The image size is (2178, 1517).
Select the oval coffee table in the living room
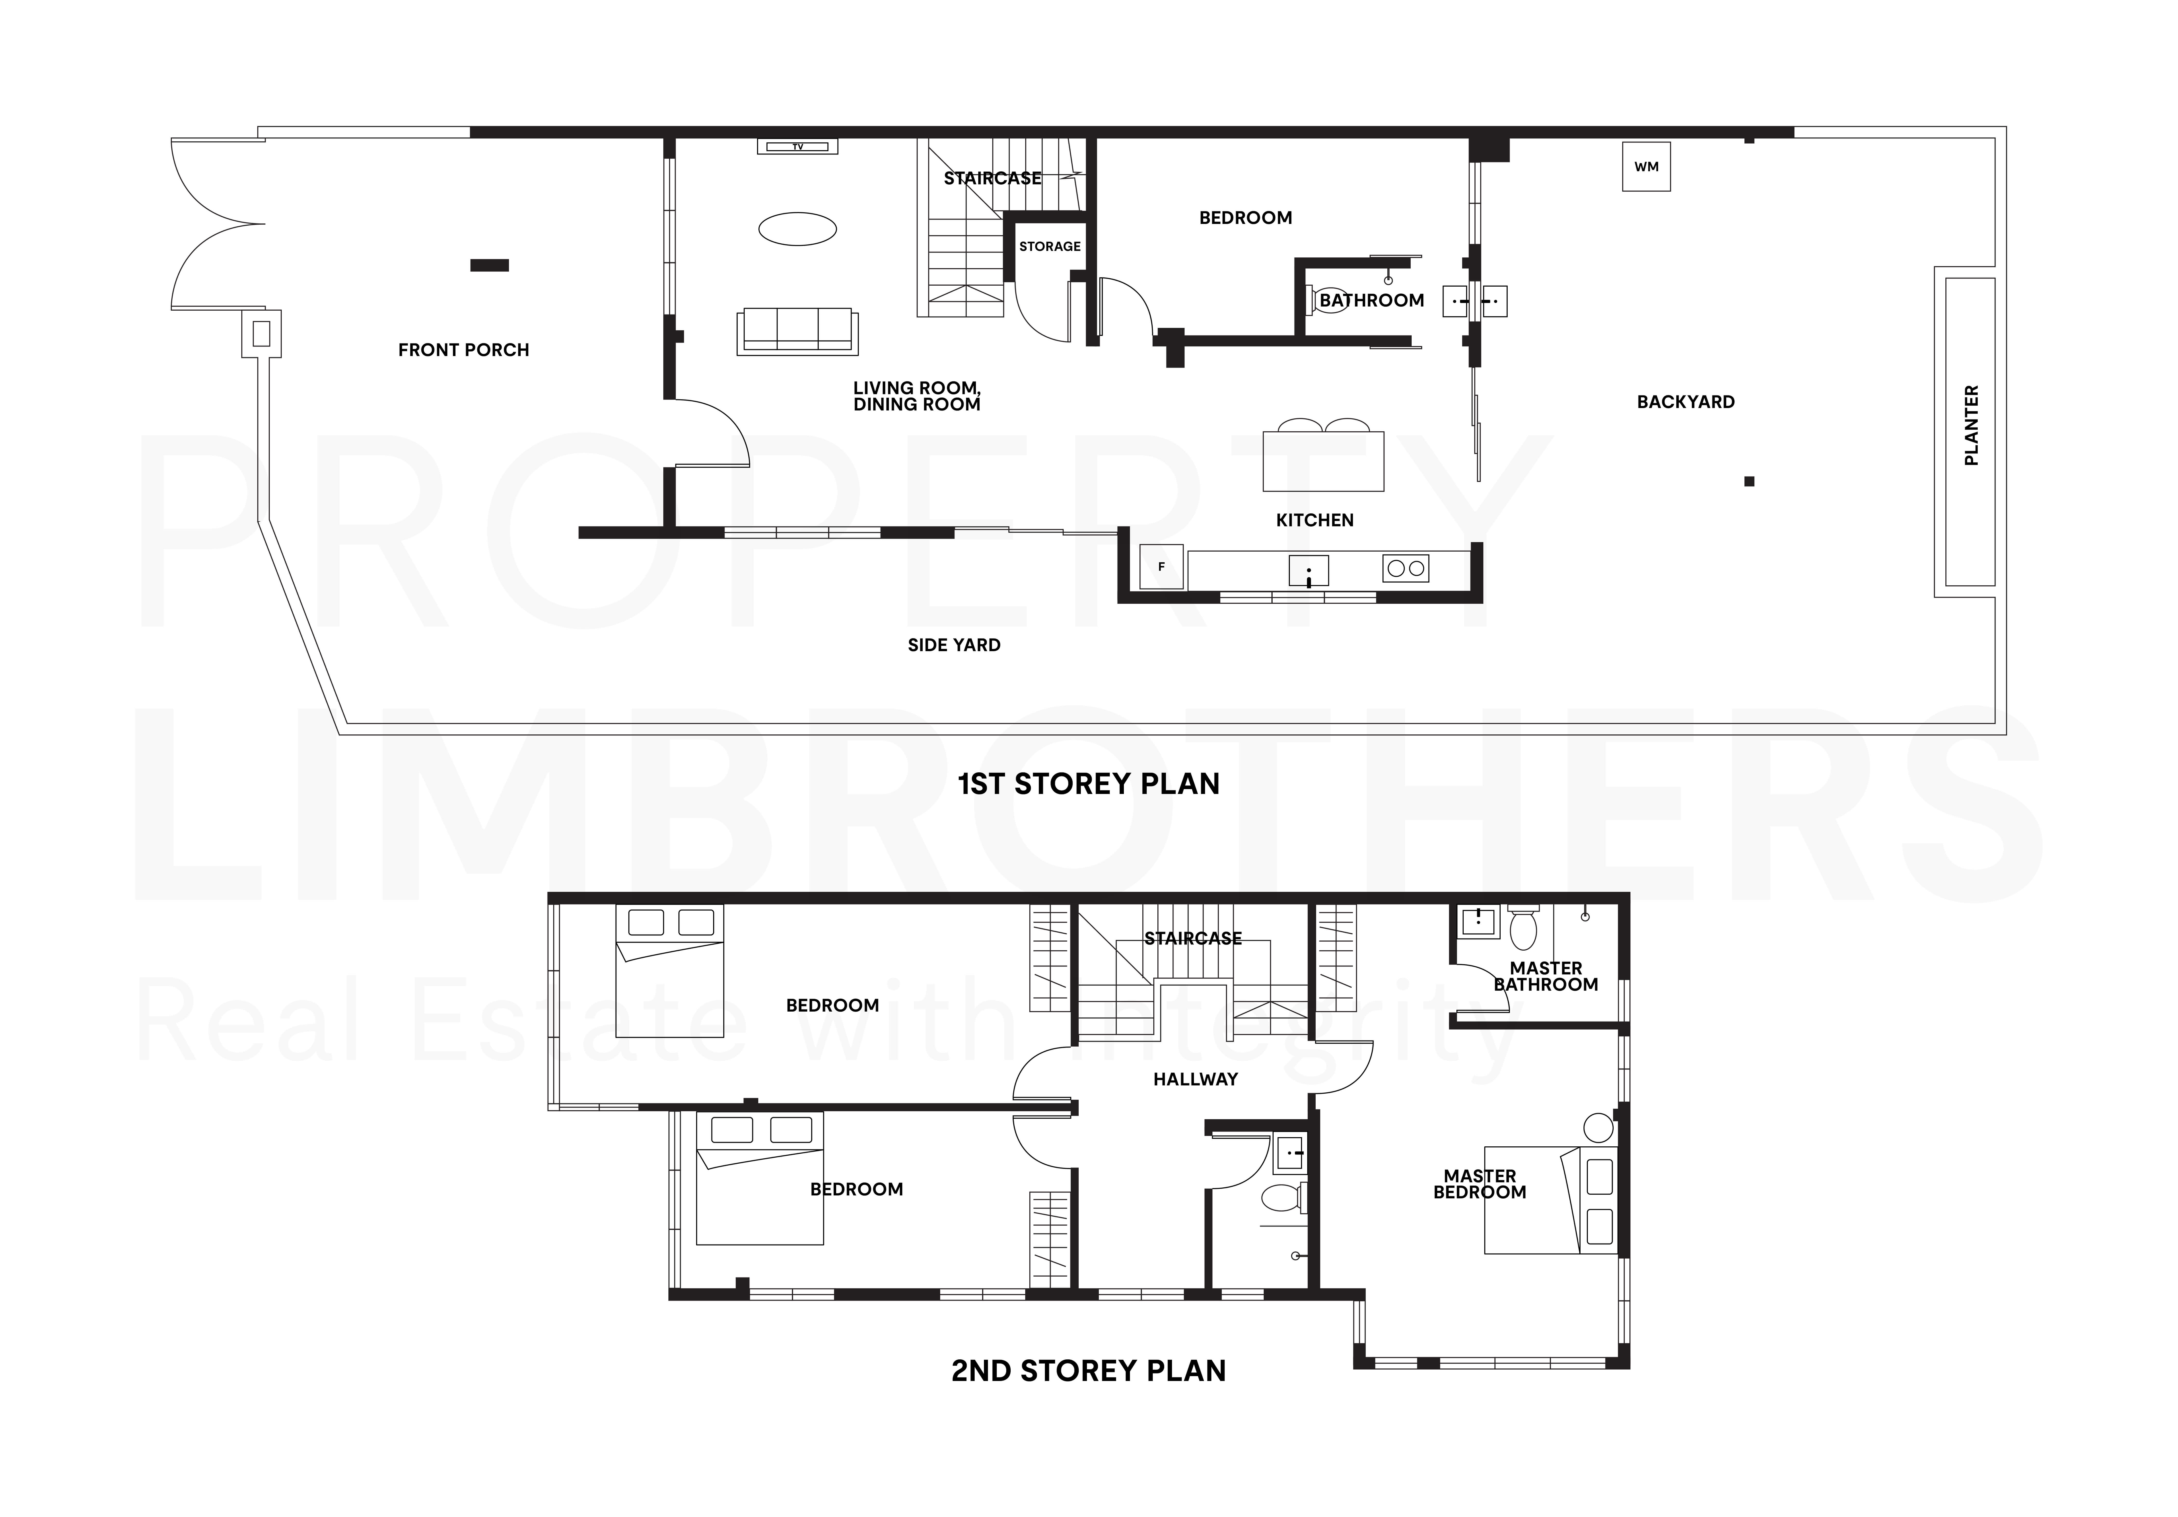point(798,229)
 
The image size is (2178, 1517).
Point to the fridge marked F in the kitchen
point(1161,567)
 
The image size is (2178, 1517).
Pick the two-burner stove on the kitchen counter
point(1405,569)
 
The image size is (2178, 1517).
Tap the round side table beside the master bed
point(1598,1128)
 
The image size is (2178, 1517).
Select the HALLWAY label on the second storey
point(1195,1079)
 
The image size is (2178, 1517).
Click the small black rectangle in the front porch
point(490,265)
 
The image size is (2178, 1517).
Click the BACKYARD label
point(1686,402)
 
